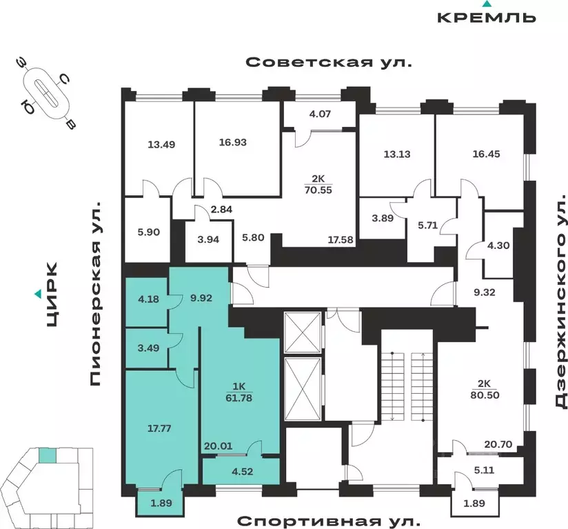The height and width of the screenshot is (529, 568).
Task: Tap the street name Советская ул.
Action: pyautogui.click(x=329, y=63)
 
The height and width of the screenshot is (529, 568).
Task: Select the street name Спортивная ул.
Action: pyautogui.click(x=329, y=519)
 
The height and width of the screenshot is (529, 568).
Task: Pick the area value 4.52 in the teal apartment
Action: pyautogui.click(x=241, y=472)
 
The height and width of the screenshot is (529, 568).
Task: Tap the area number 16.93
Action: pyautogui.click(x=232, y=143)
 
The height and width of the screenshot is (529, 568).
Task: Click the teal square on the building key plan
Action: pyautogui.click(x=47, y=455)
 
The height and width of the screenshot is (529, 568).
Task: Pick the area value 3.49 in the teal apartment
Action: pyautogui.click(x=148, y=348)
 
